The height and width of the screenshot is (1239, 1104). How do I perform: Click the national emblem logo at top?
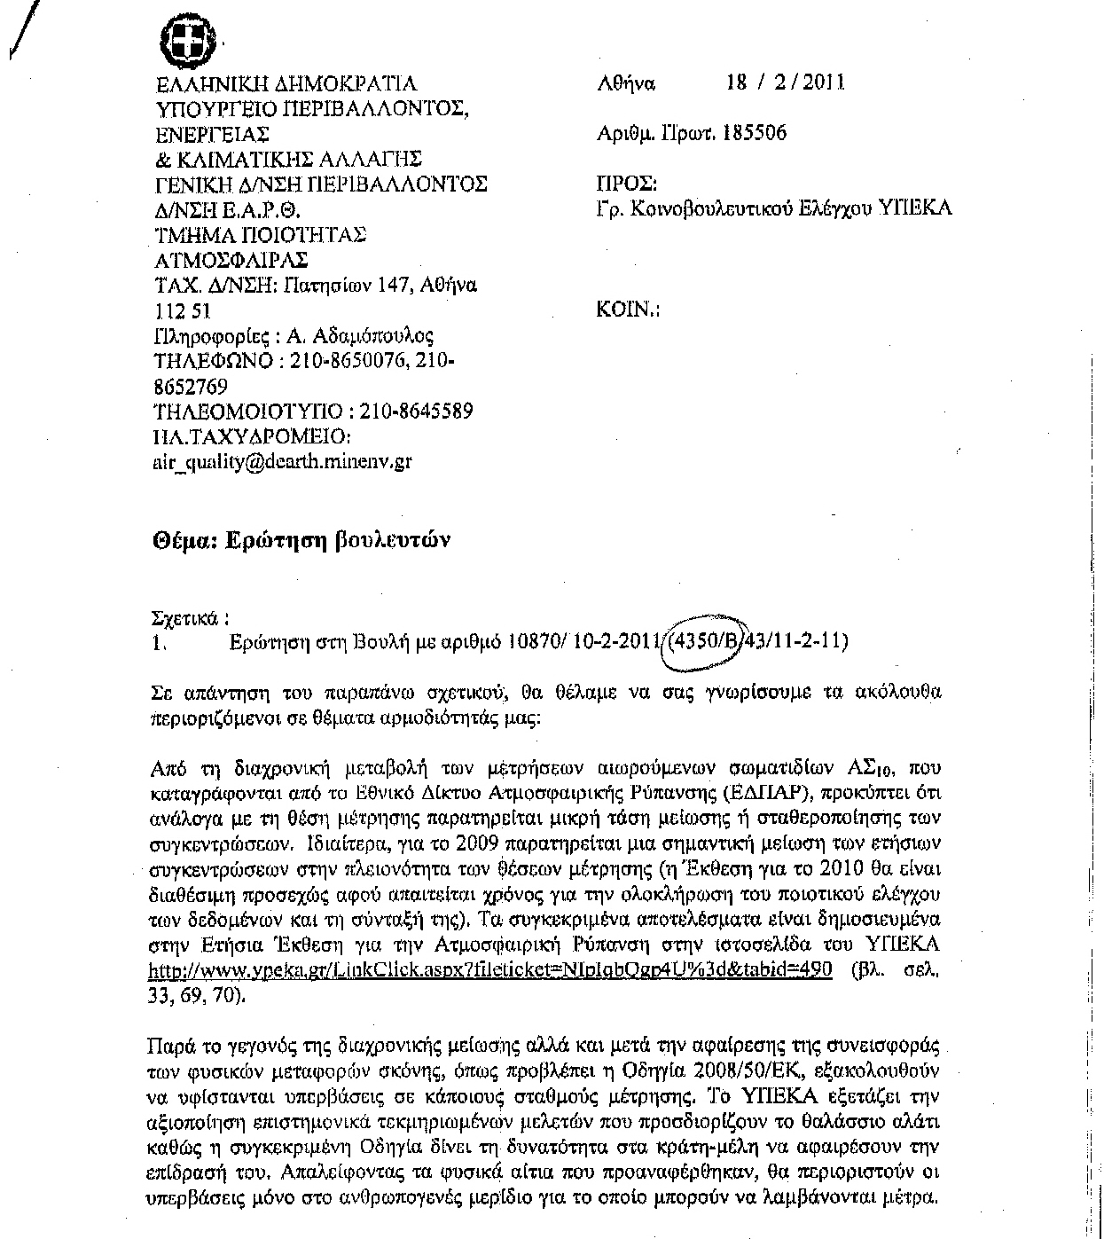coord(192,41)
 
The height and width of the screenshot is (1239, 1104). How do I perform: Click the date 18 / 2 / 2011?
coord(785,82)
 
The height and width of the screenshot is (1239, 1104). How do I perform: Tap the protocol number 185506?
coord(755,133)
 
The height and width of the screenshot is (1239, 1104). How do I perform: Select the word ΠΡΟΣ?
coord(627,184)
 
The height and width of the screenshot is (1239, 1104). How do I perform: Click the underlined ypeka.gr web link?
coord(490,969)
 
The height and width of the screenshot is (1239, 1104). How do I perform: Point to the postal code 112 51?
coord(182,311)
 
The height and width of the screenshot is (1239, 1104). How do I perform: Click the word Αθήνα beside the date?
coord(626,83)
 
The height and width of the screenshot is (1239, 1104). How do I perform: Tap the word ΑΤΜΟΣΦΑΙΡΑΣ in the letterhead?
coord(231,260)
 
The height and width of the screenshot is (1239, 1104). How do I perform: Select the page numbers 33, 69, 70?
coord(195,994)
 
